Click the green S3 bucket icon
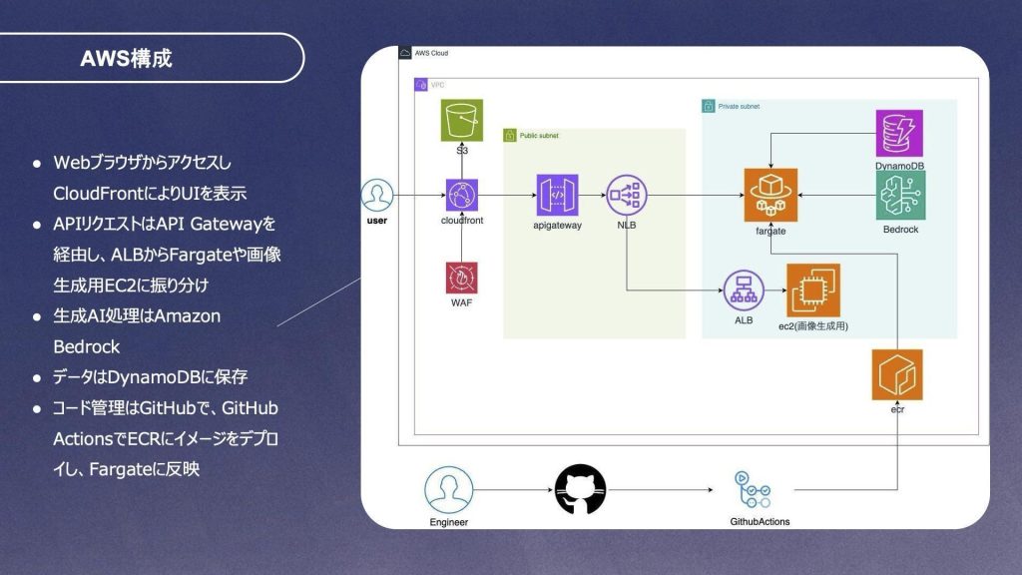click(x=461, y=120)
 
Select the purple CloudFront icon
click(x=461, y=195)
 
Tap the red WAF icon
click(x=461, y=278)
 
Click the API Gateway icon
click(x=557, y=195)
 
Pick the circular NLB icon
click(x=627, y=195)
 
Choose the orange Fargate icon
click(x=770, y=195)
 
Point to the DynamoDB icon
click(x=899, y=133)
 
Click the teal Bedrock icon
click(x=901, y=195)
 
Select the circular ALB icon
click(x=744, y=290)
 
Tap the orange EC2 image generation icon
click(x=813, y=290)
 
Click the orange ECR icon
click(x=897, y=375)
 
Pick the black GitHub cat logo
click(x=580, y=489)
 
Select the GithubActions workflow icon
click(x=753, y=489)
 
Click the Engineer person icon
click(x=448, y=489)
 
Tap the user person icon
click(x=376, y=195)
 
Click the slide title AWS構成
click(x=126, y=58)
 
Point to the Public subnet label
click(x=539, y=136)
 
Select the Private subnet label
click(x=739, y=106)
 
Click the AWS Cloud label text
click(x=431, y=54)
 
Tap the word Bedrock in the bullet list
click(x=87, y=346)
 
